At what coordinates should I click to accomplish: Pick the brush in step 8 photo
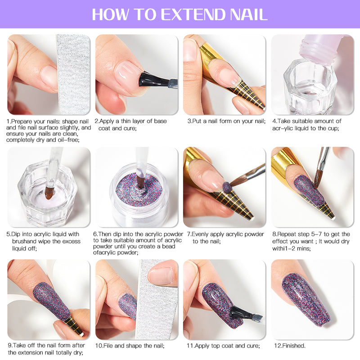point(323,166)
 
